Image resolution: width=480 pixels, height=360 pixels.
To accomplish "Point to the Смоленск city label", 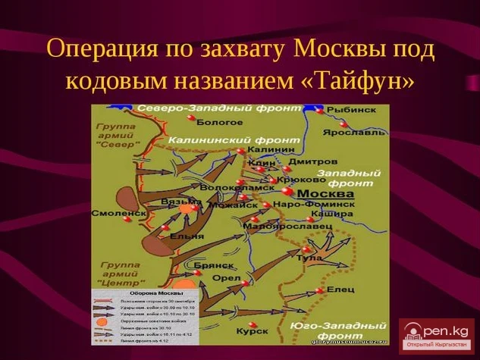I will click(118, 214).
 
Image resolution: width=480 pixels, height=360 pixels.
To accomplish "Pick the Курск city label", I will click(252, 330).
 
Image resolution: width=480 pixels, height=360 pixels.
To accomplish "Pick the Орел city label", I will click(227, 278).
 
